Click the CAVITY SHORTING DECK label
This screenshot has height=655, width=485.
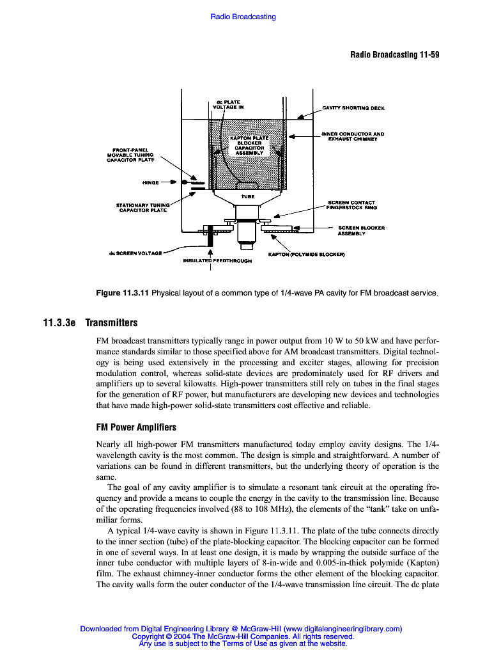point(353,108)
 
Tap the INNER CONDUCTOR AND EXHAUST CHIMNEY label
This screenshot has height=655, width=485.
point(352,136)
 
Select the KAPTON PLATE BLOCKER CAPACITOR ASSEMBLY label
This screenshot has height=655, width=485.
point(250,145)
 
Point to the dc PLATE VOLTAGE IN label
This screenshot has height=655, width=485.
point(228,105)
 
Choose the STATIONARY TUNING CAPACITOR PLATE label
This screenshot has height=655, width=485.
point(143,207)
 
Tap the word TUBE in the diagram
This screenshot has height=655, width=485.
point(248,197)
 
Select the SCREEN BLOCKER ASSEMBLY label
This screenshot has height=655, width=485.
point(361,230)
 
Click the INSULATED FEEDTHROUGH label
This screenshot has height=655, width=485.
point(217,261)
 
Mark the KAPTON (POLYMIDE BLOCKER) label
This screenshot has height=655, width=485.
point(306,255)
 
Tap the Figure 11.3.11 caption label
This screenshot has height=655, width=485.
point(122,294)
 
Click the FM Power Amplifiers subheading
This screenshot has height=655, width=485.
point(135,427)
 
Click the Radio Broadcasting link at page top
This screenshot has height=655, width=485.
point(243,17)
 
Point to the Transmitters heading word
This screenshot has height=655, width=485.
point(111,323)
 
